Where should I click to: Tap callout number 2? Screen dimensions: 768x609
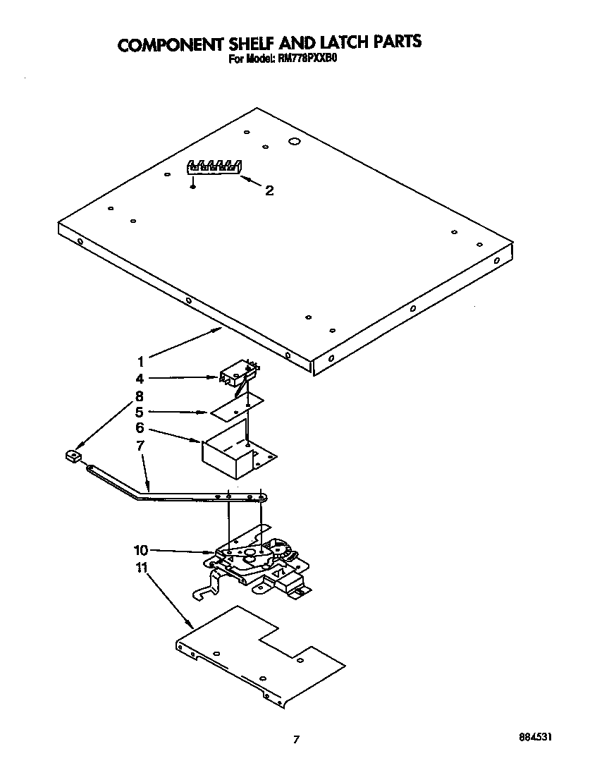(x=269, y=190)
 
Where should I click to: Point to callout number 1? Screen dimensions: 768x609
(x=141, y=359)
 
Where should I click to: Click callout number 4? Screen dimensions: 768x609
(x=140, y=378)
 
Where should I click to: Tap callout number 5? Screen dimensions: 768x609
(x=140, y=412)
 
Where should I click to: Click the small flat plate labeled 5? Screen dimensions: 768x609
(x=237, y=407)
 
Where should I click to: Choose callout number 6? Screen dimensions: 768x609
(x=140, y=428)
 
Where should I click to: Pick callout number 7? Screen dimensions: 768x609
(x=140, y=445)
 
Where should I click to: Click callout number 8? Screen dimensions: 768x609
(x=140, y=395)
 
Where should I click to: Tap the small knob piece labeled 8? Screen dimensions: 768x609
(x=71, y=458)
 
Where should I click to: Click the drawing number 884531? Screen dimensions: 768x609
(x=534, y=736)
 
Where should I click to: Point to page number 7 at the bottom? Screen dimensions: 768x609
(x=297, y=739)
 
